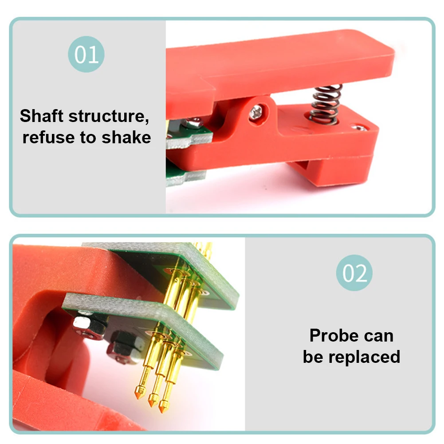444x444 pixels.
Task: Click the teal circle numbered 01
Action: [x=86, y=54]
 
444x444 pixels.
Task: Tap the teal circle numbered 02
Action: [x=354, y=273]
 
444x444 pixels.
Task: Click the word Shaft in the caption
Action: [x=42, y=116]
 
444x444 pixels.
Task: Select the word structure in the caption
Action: [x=109, y=116]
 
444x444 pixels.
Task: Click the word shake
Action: [x=126, y=138]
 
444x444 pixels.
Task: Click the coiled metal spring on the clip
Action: [x=326, y=104]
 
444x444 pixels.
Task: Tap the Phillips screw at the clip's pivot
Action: [x=256, y=113]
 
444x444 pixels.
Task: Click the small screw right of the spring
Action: [x=359, y=128]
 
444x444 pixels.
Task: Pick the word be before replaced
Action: [x=313, y=357]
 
